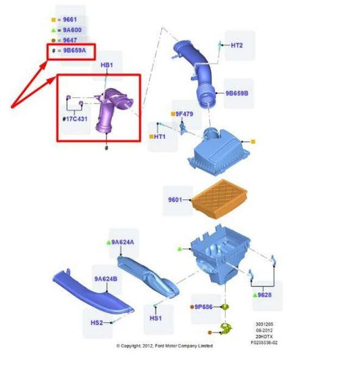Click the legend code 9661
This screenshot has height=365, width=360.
70,20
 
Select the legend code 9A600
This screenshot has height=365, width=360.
72,30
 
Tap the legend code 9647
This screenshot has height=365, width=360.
70,41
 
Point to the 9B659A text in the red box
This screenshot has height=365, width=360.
74,50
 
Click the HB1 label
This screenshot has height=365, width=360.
107,65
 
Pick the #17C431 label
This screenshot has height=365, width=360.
75,119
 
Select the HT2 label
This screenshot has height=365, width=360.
237,45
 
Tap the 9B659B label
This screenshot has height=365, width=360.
237,93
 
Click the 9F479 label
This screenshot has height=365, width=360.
184,114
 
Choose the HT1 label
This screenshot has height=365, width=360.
160,137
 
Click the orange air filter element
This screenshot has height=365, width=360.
219,199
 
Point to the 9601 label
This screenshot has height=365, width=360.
175,199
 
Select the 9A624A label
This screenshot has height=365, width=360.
122,243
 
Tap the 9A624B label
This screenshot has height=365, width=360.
106,279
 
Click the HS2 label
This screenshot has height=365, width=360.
97,322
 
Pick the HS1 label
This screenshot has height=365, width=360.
155,318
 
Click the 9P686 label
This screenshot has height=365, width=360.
203,307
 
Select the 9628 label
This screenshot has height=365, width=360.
265,295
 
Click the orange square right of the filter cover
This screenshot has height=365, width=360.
253,141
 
